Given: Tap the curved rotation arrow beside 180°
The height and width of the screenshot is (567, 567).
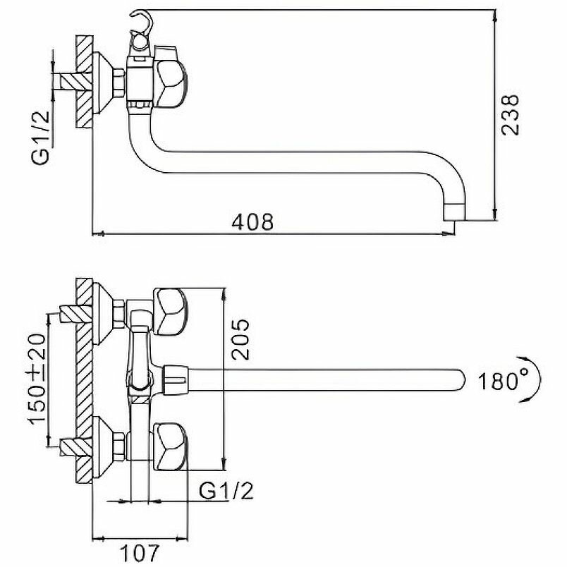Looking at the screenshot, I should click(535, 379).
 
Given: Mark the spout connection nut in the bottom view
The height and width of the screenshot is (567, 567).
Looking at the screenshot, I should click(175, 379).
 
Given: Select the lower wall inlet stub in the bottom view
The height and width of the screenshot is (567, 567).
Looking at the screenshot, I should click(71, 446).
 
